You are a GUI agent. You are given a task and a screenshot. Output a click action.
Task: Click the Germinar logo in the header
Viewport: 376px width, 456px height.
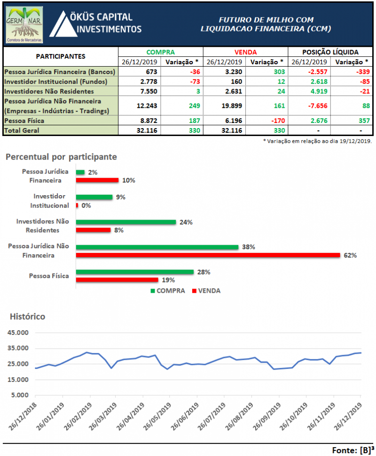click(x=25, y=24)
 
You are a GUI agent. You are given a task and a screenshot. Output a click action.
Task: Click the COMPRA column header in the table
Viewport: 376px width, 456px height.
click(x=160, y=52)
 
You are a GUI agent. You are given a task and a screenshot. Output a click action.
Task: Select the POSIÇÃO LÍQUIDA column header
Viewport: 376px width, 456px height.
click(x=330, y=52)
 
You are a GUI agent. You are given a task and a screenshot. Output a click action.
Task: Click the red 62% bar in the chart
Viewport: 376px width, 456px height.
click(x=207, y=255)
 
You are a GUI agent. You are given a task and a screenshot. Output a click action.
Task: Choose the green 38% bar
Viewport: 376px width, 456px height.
click(x=157, y=247)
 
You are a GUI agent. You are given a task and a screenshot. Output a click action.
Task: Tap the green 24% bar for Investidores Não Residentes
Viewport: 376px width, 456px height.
click(x=125, y=222)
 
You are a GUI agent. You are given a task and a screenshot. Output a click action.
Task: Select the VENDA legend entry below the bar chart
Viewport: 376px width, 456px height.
click(x=206, y=290)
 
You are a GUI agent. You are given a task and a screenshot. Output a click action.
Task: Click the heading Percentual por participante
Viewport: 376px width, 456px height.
click(x=61, y=157)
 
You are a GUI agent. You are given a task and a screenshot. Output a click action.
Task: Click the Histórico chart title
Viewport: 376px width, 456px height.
click(x=27, y=316)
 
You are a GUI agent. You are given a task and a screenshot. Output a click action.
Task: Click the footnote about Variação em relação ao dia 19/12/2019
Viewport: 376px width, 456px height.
click(x=317, y=141)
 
